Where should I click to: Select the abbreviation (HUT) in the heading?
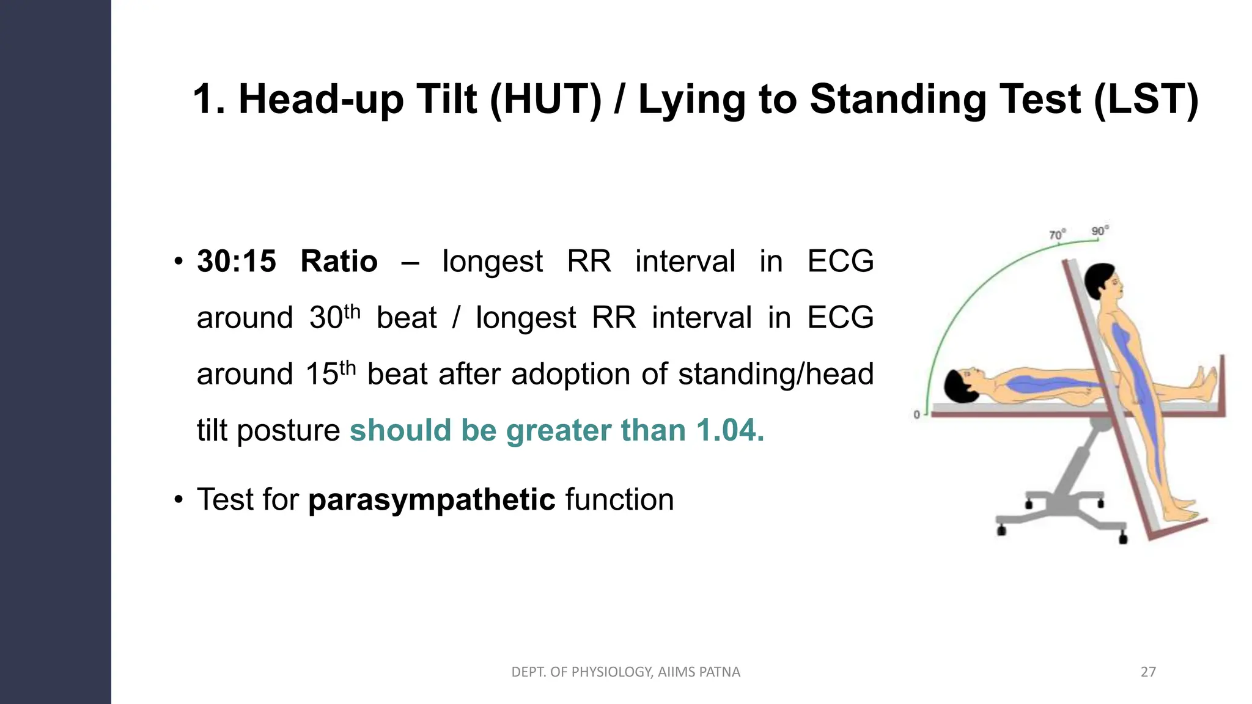pyautogui.click(x=545, y=99)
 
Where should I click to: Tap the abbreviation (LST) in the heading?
pyautogui.click(x=1146, y=99)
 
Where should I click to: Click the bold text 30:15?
pyautogui.click(x=237, y=262)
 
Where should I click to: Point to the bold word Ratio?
pyautogui.click(x=339, y=262)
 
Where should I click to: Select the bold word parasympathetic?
pyautogui.click(x=432, y=499)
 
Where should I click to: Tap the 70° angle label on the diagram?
pyautogui.click(x=1057, y=235)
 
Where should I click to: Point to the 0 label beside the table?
pyautogui.click(x=916, y=414)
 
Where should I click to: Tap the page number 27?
pyautogui.click(x=1148, y=672)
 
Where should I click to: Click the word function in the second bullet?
pyautogui.click(x=619, y=499)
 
